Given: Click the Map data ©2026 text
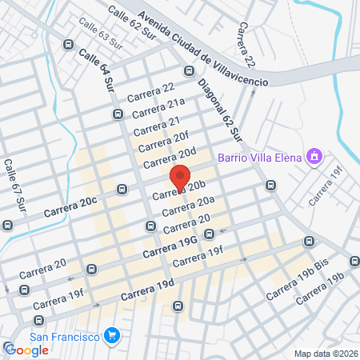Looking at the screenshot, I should [325, 354].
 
